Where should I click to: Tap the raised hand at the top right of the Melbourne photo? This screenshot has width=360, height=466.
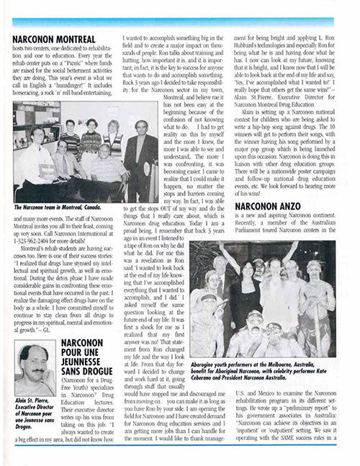click(330, 249)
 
